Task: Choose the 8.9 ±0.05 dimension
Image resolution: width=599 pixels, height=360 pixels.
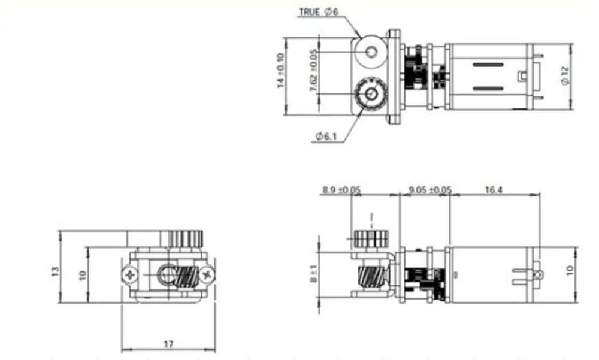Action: (x=341, y=190)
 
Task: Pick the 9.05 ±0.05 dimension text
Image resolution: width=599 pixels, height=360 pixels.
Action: (x=429, y=190)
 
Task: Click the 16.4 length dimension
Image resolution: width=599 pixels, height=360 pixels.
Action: (x=493, y=190)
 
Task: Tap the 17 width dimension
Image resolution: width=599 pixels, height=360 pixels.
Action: (x=168, y=344)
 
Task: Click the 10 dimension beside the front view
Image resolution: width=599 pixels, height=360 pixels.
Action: (x=82, y=275)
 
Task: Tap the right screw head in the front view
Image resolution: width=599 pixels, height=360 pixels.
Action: (x=207, y=274)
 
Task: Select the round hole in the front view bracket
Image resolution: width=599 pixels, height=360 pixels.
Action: (x=164, y=275)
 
